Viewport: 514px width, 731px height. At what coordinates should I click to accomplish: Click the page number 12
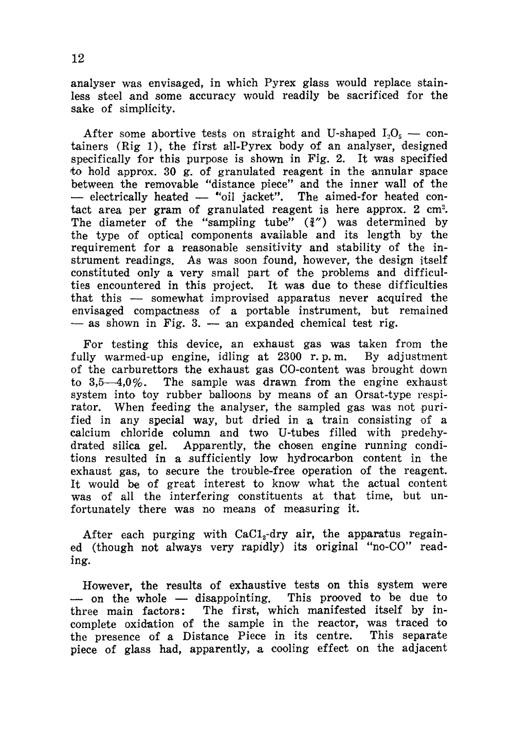pyautogui.click(x=77, y=58)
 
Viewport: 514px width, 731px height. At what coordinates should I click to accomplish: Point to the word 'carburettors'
pyautogui.click(x=146, y=370)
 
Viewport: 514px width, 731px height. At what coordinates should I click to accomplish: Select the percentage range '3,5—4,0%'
pyautogui.click(x=111, y=382)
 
